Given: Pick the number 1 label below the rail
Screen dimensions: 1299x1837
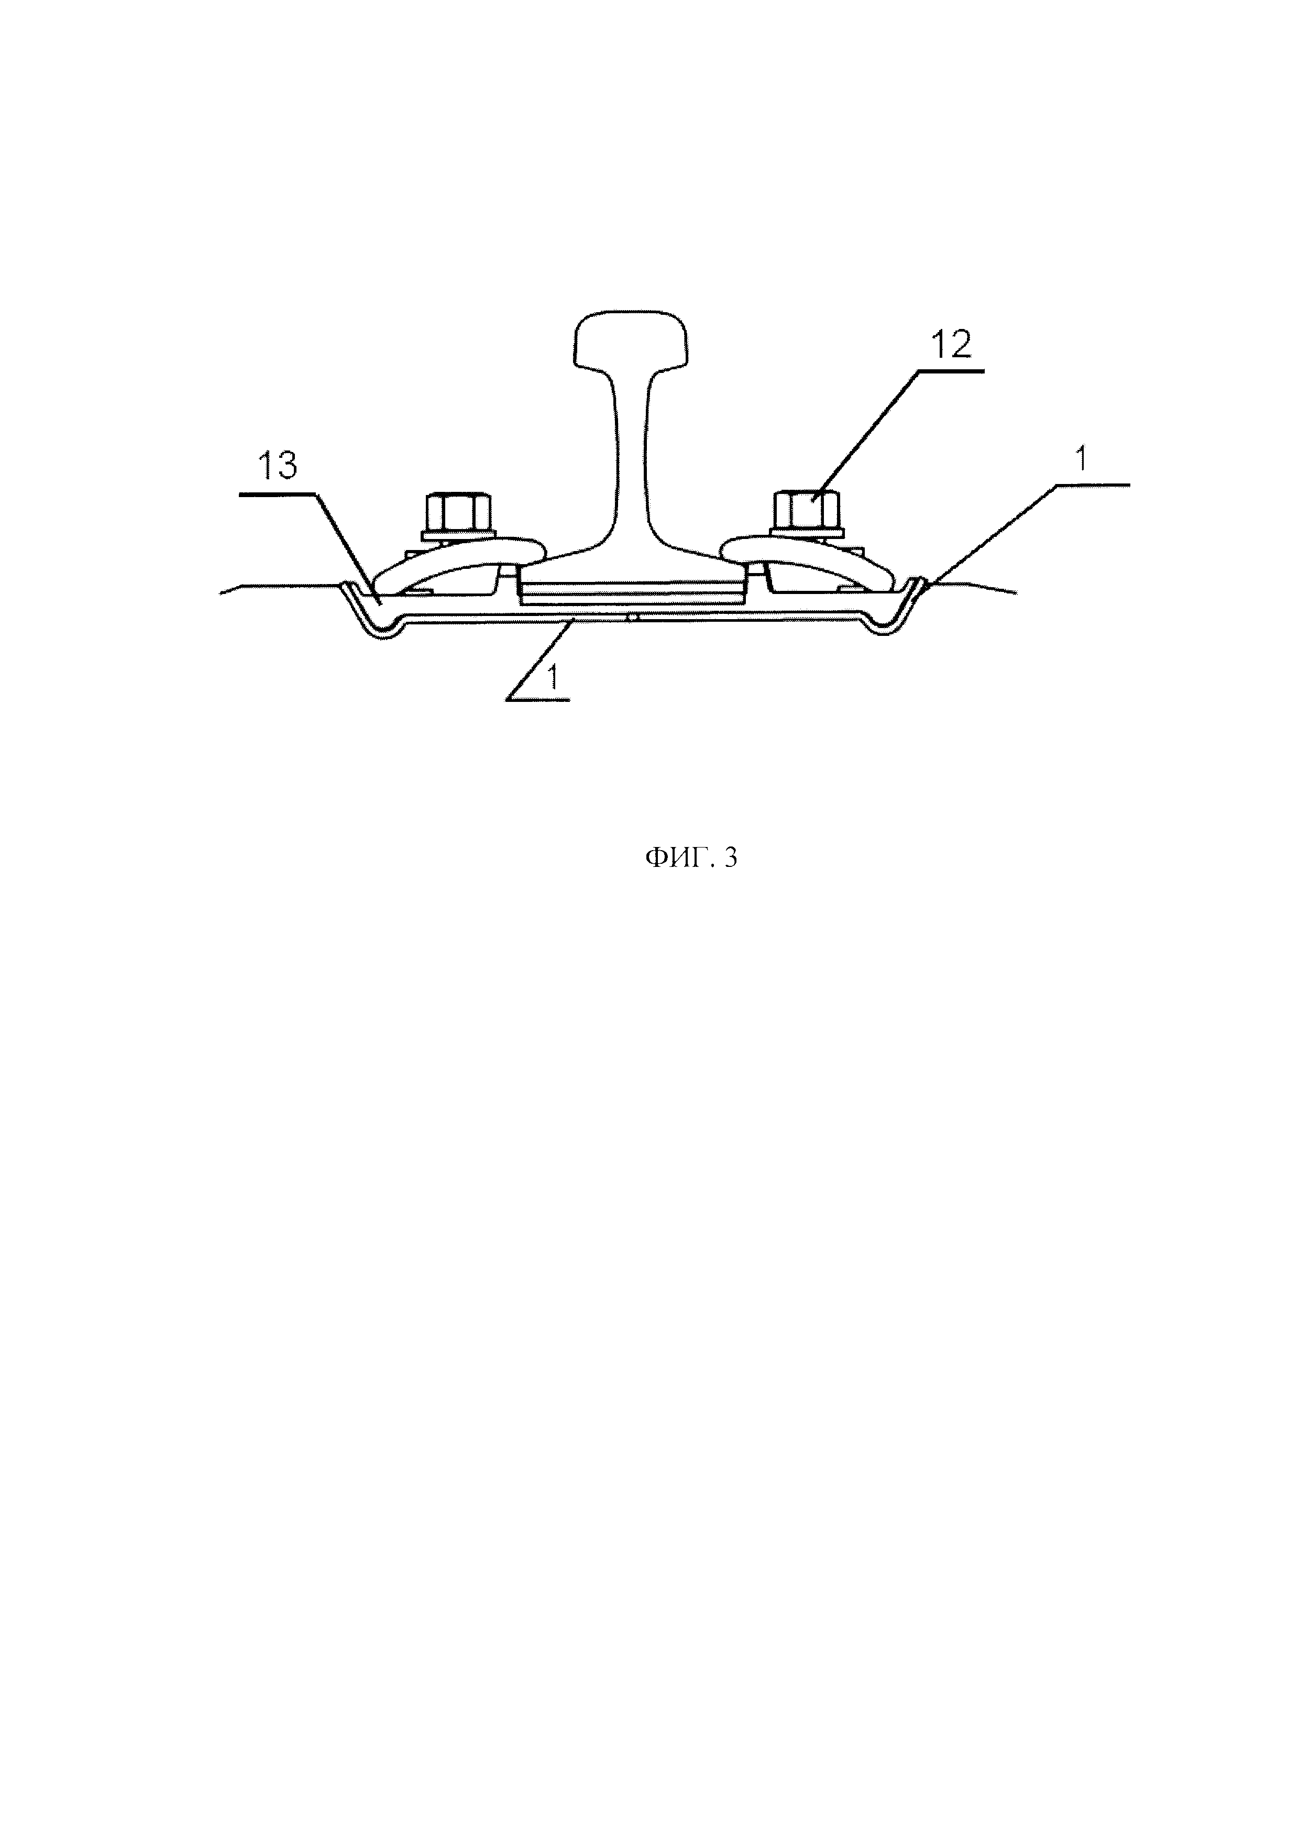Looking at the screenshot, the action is click(552, 678).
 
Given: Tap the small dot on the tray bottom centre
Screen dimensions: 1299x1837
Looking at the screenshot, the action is click(632, 618).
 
